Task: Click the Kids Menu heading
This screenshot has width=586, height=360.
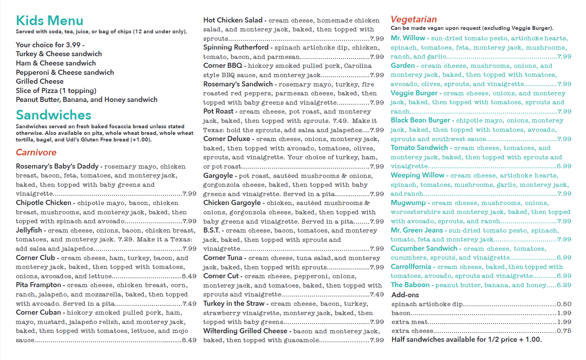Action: pos(50,21)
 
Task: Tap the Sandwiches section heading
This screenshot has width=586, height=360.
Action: pos(53,115)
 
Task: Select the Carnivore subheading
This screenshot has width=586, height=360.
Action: pos(36,152)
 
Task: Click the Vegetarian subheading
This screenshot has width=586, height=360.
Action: pos(414,19)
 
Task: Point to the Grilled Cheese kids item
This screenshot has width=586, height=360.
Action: pos(40,81)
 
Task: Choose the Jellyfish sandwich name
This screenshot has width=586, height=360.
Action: pos(29,230)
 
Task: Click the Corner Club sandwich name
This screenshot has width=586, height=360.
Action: pos(35,258)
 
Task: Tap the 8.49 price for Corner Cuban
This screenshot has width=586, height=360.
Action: pos(189,340)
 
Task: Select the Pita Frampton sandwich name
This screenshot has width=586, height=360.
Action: pos(38,285)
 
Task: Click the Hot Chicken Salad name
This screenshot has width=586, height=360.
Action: pos(233,20)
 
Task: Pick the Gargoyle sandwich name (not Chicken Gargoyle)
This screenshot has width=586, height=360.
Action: pos(218,176)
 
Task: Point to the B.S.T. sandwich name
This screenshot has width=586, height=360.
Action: pos(211,230)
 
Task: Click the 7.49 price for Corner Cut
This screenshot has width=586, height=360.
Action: pos(377,295)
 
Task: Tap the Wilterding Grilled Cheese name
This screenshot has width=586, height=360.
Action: pos(245,331)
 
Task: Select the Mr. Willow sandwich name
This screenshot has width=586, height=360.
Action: pos(408,38)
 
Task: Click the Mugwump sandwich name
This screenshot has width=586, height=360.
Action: pos(408,203)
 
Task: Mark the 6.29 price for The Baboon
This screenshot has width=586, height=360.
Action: pos(564,285)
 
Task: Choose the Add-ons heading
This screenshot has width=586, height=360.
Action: pos(405,295)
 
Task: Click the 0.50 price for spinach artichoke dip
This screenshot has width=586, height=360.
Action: pos(564,304)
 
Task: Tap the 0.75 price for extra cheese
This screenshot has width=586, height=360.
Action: pos(564,331)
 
